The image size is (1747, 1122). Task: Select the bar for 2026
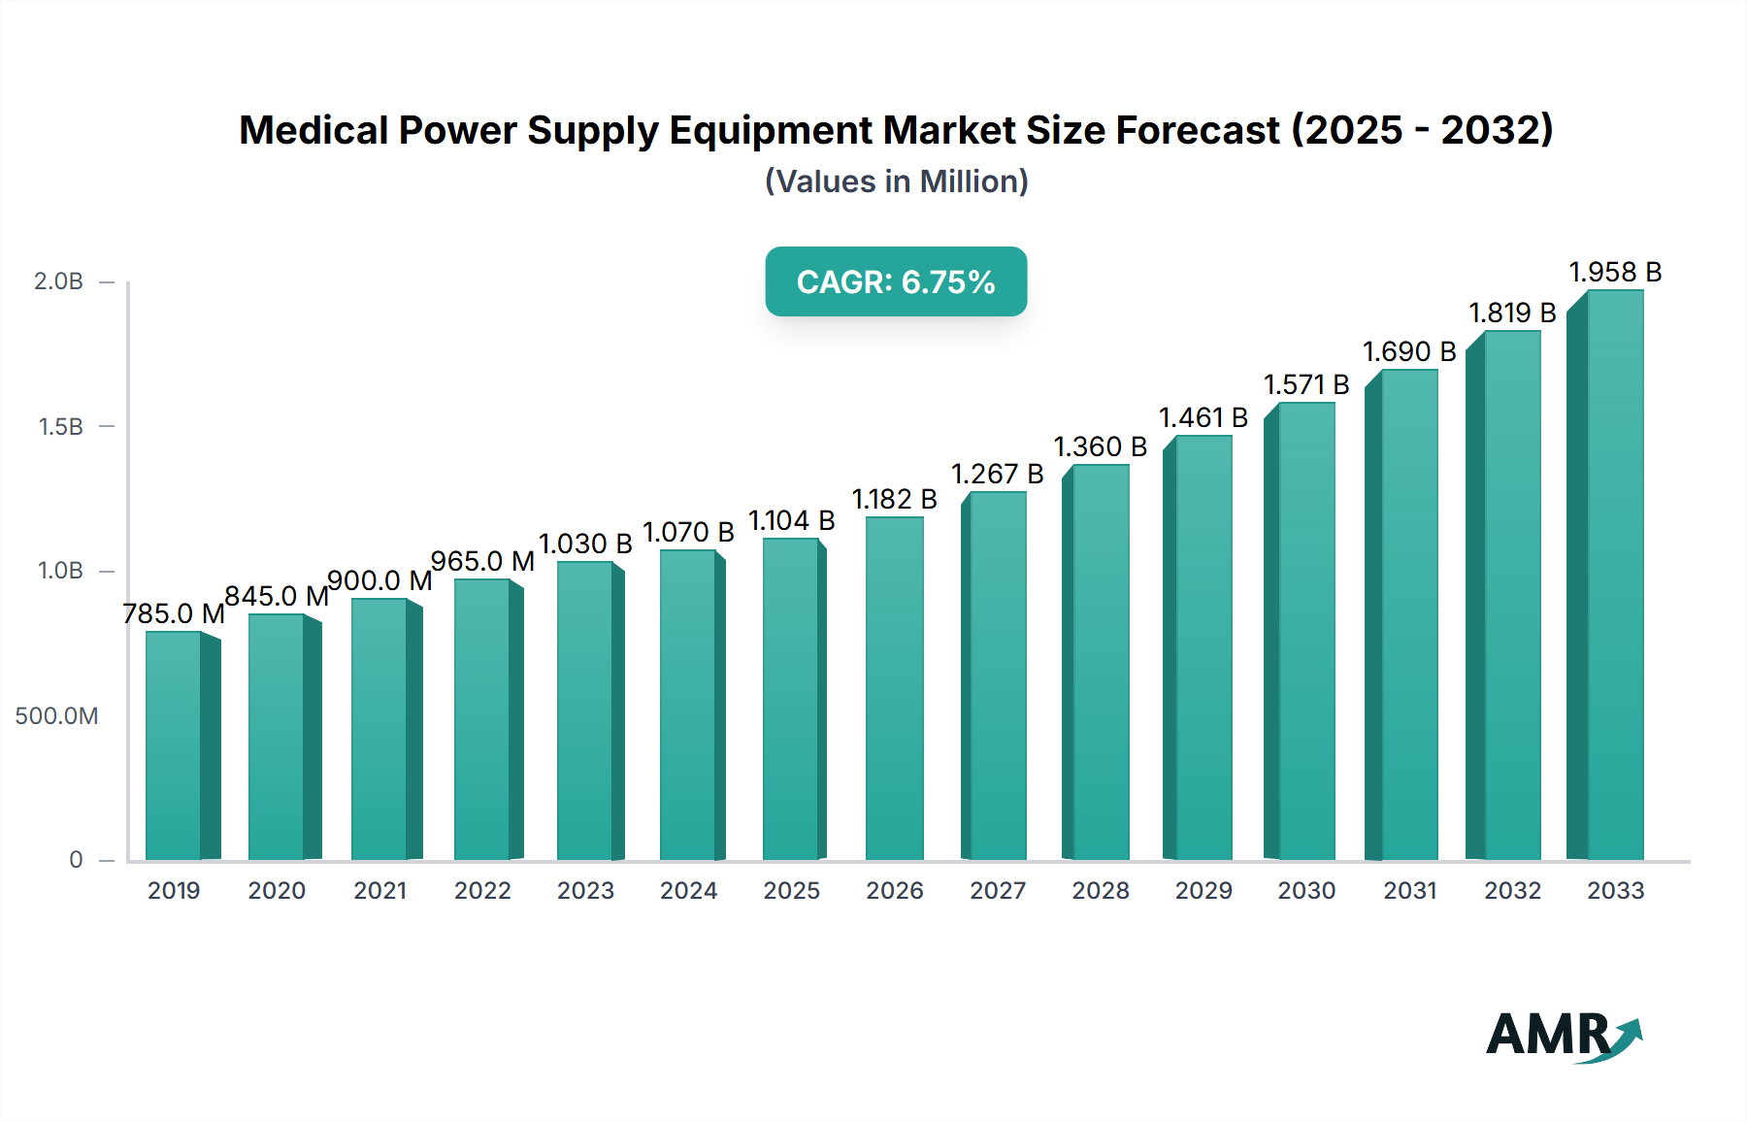point(894,689)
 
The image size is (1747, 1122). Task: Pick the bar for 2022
point(482,719)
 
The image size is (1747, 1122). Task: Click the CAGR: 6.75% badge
point(896,281)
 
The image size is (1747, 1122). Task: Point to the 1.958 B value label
point(1615,272)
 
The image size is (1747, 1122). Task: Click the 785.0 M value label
point(174,613)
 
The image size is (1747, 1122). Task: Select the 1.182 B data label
point(894,499)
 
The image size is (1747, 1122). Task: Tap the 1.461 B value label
point(1203,417)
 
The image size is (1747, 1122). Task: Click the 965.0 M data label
point(482,561)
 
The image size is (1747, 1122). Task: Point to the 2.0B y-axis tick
point(58,281)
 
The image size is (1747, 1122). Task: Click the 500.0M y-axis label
point(56,716)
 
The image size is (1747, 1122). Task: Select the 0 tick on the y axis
point(76,860)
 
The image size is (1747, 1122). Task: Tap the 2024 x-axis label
point(688,891)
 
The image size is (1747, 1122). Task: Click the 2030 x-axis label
point(1306,891)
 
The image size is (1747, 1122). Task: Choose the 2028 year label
point(1101,891)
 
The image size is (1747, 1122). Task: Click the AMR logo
point(1563,1036)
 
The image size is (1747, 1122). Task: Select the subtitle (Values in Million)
point(896,181)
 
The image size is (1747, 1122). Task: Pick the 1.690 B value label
point(1409,351)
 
